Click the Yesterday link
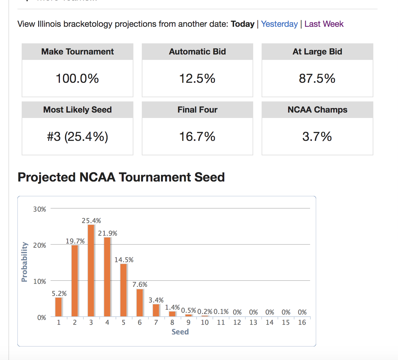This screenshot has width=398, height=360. (x=279, y=24)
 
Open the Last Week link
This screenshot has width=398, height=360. (x=324, y=24)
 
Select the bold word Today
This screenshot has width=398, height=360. (x=242, y=24)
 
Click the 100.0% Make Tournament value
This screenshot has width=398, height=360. (x=77, y=79)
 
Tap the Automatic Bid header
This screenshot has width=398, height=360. (x=197, y=52)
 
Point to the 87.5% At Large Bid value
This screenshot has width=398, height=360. (x=317, y=79)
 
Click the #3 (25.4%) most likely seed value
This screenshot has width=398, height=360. (x=77, y=137)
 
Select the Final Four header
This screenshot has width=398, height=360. (x=197, y=110)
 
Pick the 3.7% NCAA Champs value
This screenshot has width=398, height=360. (x=317, y=137)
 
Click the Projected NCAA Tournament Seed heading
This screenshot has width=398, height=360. (x=121, y=177)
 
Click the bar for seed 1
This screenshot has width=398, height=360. (x=58, y=307)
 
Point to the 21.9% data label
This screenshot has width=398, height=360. (x=107, y=233)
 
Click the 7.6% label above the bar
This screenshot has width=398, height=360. (x=140, y=284)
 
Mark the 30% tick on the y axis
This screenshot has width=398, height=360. (x=39, y=209)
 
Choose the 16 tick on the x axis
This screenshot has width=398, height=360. (x=302, y=322)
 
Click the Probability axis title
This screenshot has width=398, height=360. (x=24, y=262)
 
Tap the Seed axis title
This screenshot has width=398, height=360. (x=180, y=332)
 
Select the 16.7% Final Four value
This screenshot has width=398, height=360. (x=197, y=137)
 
